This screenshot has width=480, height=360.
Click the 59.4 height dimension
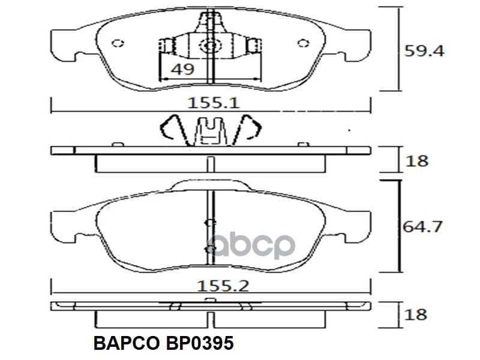click(424, 51)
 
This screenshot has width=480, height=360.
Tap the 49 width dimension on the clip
click(182, 69)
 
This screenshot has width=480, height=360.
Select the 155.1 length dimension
click(214, 103)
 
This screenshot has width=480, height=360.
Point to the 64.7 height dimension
click(422, 227)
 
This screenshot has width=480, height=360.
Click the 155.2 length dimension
click(223, 286)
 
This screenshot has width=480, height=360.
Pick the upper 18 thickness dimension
click(416, 161)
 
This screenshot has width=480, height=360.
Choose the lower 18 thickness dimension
click(415, 314)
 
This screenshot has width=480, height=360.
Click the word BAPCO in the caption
click(127, 343)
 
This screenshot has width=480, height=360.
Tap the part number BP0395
click(200, 343)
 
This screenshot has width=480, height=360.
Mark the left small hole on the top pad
click(118, 43)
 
